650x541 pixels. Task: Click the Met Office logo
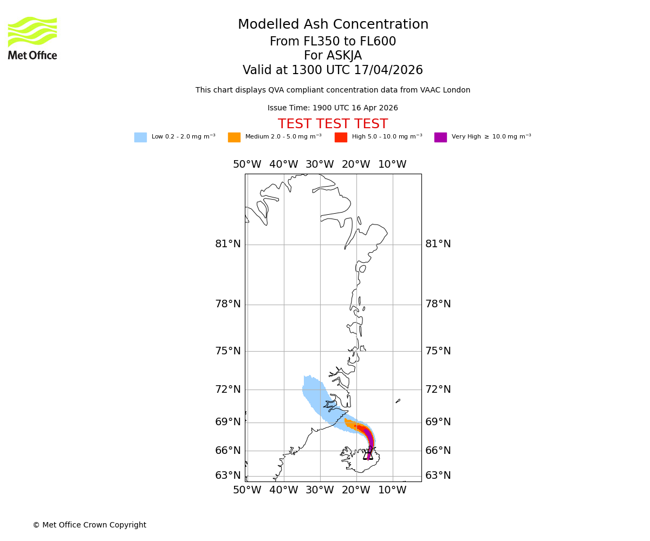click(x=32, y=38)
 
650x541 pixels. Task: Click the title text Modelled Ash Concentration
click(x=333, y=25)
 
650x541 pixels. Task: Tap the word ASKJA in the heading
click(x=344, y=56)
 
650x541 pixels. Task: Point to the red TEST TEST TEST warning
click(x=333, y=124)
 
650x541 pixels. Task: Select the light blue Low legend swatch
click(x=140, y=137)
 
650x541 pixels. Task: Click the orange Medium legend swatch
click(x=234, y=137)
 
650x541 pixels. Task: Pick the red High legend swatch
click(x=341, y=137)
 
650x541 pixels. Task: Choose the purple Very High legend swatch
click(x=440, y=137)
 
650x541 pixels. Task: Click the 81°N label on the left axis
click(x=228, y=244)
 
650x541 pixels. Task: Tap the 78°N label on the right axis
click(x=438, y=304)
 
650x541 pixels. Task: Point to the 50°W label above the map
click(x=247, y=164)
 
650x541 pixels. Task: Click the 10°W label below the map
click(x=392, y=490)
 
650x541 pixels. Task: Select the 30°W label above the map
click(x=320, y=164)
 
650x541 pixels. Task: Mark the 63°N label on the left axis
click(x=228, y=476)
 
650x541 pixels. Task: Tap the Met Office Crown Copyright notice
click(x=89, y=525)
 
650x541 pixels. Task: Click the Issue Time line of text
click(x=333, y=108)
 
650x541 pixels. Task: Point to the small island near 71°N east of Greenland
click(x=398, y=401)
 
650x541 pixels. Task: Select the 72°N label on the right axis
click(x=438, y=390)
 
